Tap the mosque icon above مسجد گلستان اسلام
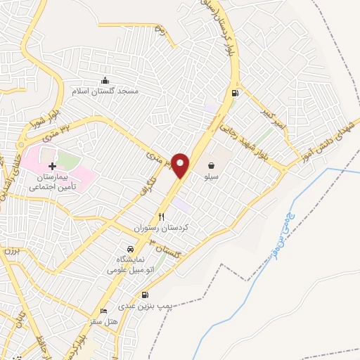coord(105,80)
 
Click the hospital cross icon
coord(52,165)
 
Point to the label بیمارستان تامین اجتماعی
coord(53,184)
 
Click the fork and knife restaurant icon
coord(161,217)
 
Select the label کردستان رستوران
coord(162,229)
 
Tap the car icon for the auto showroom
coord(129,249)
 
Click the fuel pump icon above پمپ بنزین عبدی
coord(145,295)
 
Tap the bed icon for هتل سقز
coord(105,311)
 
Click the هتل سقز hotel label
coord(102,321)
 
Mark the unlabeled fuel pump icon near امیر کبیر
coord(235,92)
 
